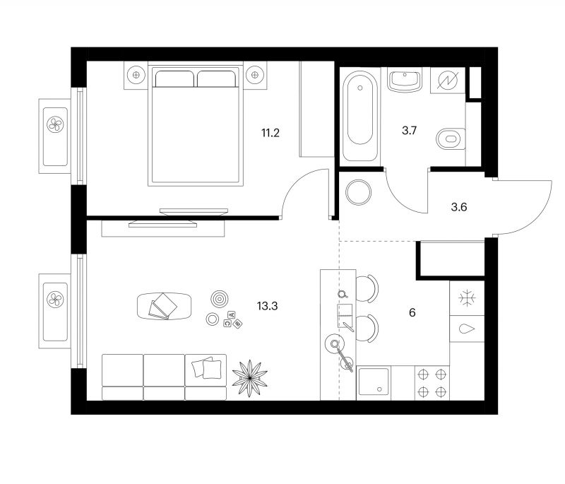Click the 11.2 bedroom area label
point(270,133)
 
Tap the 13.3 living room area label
point(267,307)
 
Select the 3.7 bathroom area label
point(410,131)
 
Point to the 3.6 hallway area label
point(458,207)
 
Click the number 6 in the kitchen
point(412,312)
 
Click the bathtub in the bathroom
point(360,116)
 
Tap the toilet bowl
point(451,138)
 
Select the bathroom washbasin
point(405,81)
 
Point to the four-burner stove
point(432,383)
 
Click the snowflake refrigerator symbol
point(467,298)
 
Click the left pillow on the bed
point(174,79)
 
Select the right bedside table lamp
point(255,75)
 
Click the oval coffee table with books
point(164,306)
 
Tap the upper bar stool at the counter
point(367,288)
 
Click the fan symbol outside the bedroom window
point(55,124)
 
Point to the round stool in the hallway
point(358,192)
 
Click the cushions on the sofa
point(207,367)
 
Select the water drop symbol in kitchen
point(467,329)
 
